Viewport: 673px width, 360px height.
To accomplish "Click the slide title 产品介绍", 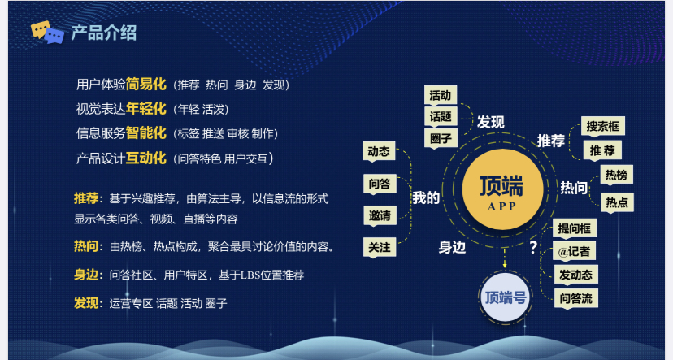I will pos(103,33).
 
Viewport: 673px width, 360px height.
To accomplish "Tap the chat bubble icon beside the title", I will pos(47,33).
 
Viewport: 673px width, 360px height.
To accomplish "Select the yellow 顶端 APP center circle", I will pos(501,193).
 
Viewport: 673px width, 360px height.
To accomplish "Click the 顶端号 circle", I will pos(505,297).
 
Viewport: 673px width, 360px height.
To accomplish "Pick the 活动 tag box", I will pos(440,95).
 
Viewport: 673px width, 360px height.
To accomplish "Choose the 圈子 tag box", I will pos(440,138).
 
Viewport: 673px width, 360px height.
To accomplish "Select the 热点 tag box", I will pos(615,202).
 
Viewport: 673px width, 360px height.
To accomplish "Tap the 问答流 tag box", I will pos(575,298).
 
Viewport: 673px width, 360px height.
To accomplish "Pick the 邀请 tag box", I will pos(379,216).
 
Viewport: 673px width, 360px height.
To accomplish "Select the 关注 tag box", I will pos(379,247).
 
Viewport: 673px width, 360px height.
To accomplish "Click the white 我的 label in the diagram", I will pos(426,197).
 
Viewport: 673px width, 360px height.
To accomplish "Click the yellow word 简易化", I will pos(146,85).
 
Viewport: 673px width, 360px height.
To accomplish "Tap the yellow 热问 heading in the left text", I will pos(88,246).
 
